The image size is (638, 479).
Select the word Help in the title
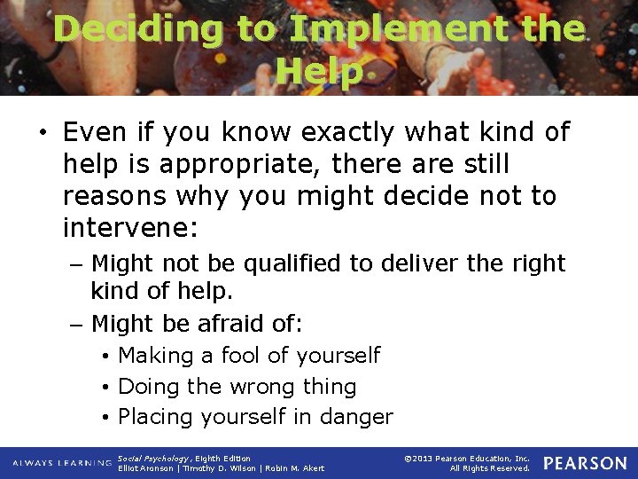click(319, 71)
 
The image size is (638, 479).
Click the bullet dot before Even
click(42, 134)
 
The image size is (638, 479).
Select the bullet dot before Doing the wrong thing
click(105, 388)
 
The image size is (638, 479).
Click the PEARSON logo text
click(585, 463)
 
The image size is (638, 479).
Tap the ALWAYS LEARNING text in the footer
click(61, 463)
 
